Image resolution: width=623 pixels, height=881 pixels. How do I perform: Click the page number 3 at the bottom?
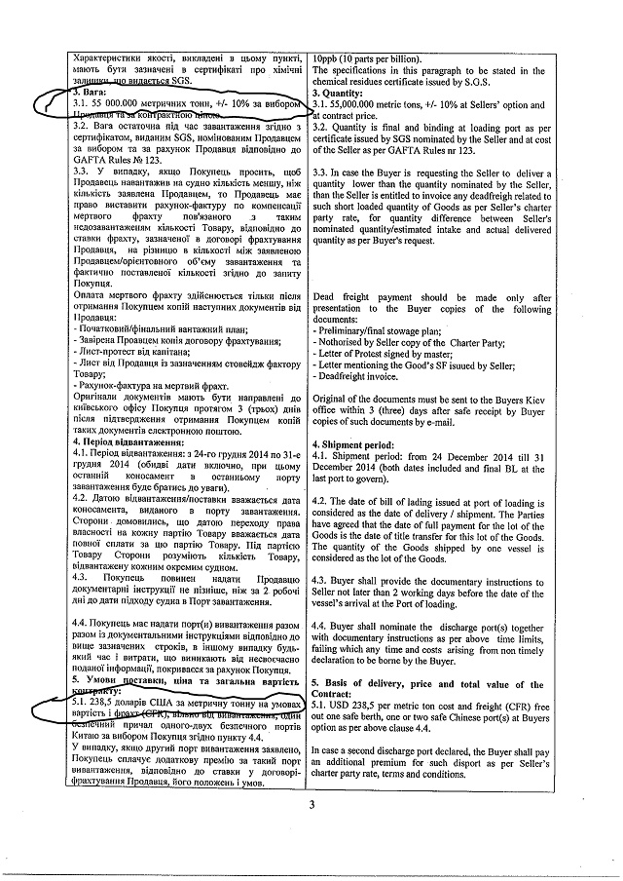pyautogui.click(x=312, y=804)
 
